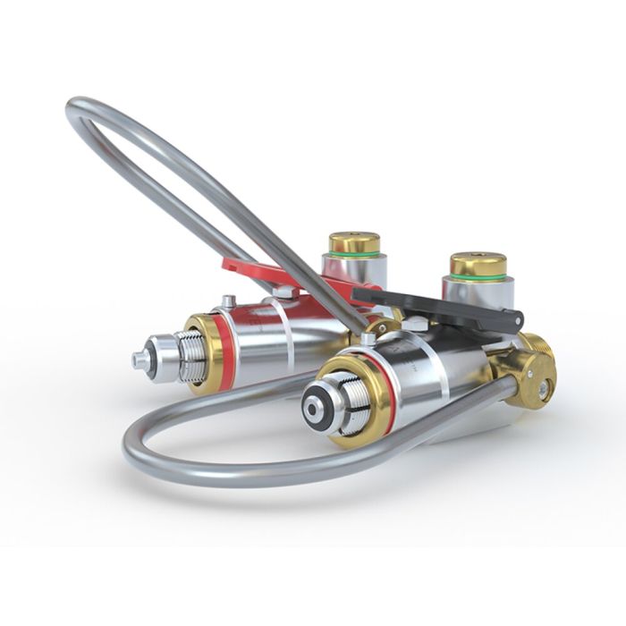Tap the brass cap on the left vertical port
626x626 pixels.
(x=354, y=242)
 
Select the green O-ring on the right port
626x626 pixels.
(x=478, y=278)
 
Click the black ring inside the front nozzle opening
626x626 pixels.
(x=312, y=408)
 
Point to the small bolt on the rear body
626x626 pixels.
(x=230, y=302)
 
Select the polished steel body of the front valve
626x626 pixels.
(x=438, y=376)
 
